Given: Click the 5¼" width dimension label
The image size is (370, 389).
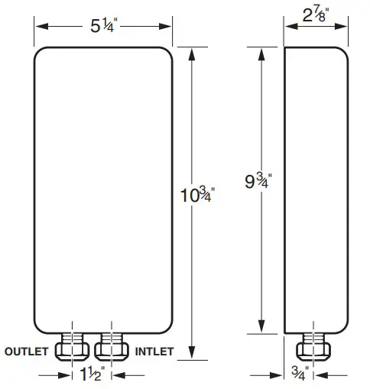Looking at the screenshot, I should click(103, 25).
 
